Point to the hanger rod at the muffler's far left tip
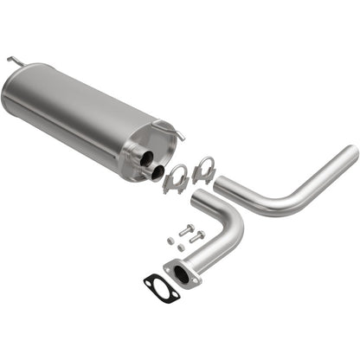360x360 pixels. pos(13,61)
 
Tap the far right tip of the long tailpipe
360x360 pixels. pos(352,153)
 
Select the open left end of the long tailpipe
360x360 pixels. pos(221,184)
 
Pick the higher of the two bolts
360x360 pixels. pos(187,230)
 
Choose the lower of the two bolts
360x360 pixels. pos(197,235)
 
